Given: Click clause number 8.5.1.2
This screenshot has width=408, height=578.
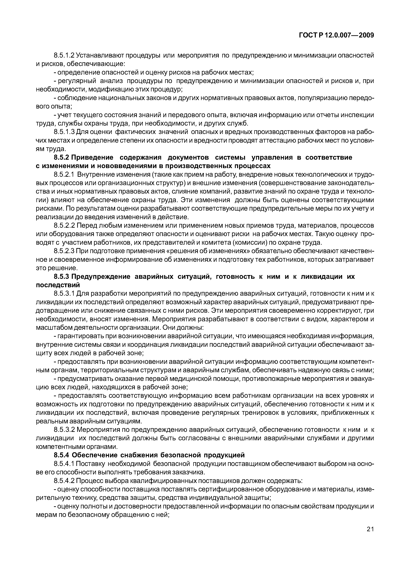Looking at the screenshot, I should (x=64, y=55).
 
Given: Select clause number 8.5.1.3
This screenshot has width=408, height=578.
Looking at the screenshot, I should (x=64, y=132).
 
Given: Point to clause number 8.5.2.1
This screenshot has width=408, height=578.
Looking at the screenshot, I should (x=64, y=174).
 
